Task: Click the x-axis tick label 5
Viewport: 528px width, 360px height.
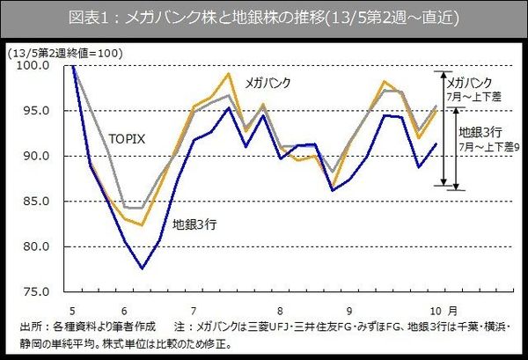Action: pyautogui.click(x=73, y=310)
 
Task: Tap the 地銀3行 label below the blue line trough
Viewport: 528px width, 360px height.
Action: pyautogui.click(x=194, y=224)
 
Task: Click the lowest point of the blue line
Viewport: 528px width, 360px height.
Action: pyautogui.click(x=143, y=268)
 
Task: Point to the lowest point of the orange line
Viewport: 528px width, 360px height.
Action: pyautogui.click(x=143, y=226)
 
